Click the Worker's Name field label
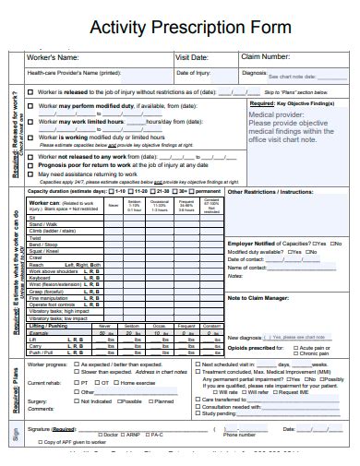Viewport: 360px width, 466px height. pos(54,57)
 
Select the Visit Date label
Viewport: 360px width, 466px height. pos(192,57)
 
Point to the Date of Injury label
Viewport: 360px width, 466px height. pos(194,72)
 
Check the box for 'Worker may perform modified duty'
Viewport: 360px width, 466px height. pos(31,108)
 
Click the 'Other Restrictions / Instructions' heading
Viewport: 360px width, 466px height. pos(270,192)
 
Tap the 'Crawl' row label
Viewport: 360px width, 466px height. pos(38,256)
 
